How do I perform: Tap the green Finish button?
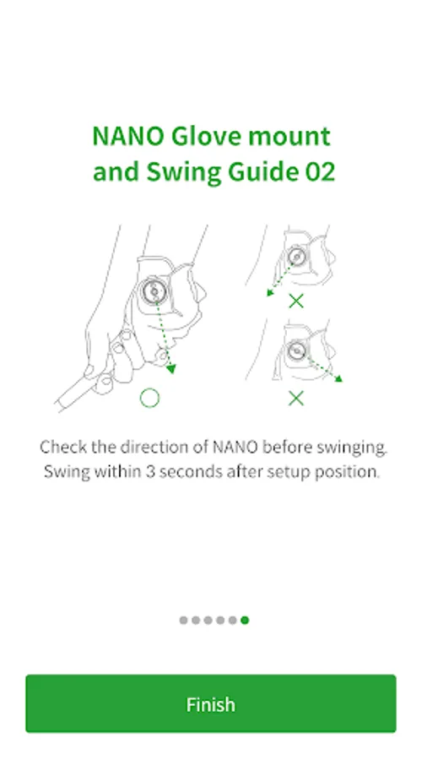pyautogui.click(x=211, y=703)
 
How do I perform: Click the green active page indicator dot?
pyautogui.click(x=245, y=620)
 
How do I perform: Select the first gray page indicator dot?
pyautogui.click(x=183, y=620)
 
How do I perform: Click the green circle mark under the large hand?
pyautogui.click(x=149, y=398)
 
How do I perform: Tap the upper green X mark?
pyautogui.click(x=296, y=301)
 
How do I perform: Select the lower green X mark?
pyautogui.click(x=296, y=399)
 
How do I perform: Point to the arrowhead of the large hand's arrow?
pyautogui.click(x=170, y=369)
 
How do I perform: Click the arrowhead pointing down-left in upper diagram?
pyautogui.click(x=270, y=292)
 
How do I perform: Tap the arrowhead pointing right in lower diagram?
pyautogui.click(x=338, y=378)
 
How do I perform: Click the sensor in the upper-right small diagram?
pyautogui.click(x=296, y=256)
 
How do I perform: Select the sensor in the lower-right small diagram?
pyautogui.click(x=296, y=350)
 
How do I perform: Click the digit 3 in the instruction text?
pyautogui.click(x=150, y=471)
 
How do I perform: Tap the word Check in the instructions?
pyautogui.click(x=63, y=447)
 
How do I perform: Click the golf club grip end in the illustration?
pyautogui.click(x=62, y=404)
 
